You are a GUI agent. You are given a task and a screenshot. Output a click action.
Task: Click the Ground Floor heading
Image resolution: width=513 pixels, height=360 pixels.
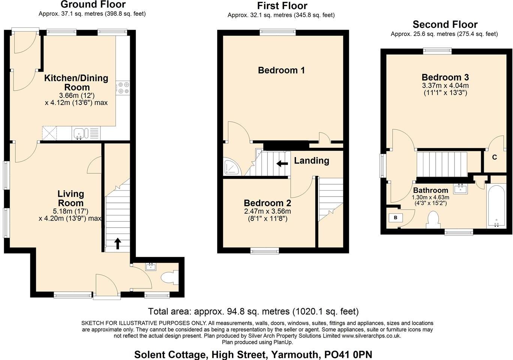pos(93,4)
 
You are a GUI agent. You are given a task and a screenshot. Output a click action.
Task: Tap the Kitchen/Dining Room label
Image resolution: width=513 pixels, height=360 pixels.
pos(76,82)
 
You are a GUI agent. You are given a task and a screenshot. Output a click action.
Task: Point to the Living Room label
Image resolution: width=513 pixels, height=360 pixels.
pos(70,198)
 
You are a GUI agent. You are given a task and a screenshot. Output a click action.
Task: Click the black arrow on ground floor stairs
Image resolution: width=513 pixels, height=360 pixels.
pos(118,243)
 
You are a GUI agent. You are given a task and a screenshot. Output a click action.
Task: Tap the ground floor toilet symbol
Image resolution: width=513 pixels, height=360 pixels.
pos(169,278)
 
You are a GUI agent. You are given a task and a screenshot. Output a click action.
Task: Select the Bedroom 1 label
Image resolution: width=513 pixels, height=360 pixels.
pos(281,70)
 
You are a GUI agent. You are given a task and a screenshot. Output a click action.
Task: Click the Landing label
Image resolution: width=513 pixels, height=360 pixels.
pos(311,160)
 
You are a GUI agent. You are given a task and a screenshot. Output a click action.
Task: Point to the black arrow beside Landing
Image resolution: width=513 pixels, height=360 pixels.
pos(282,163)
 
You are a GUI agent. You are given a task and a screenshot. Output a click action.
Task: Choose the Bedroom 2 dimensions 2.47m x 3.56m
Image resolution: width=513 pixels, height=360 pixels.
pos(267,211)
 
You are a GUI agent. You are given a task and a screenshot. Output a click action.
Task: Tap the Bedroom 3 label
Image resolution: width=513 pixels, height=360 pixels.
pos(445,77)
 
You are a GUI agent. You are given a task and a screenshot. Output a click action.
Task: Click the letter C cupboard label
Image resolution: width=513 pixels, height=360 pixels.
pos(494,157)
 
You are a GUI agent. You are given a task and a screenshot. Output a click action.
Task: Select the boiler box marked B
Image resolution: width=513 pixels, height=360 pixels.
pos(395,217)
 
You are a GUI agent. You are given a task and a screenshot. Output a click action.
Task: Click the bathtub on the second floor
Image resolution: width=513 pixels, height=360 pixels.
pos(496,207)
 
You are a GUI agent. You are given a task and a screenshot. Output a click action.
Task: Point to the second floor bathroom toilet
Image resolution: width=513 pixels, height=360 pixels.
pos(433,219)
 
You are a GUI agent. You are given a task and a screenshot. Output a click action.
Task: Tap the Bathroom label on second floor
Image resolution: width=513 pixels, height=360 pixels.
pos(430,190)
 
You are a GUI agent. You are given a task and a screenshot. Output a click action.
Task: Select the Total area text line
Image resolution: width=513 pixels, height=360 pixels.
pos(253,311)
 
